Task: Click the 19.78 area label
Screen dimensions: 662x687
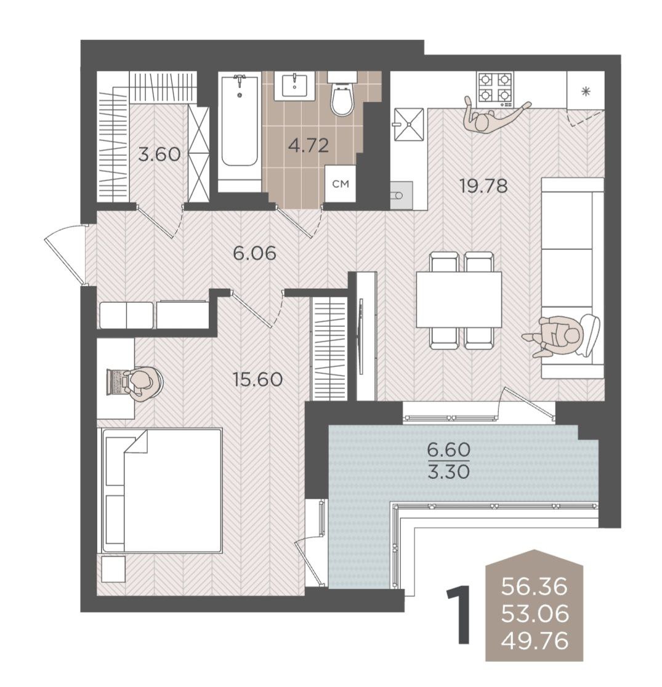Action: (483, 186)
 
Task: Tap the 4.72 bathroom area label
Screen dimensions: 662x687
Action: (309, 145)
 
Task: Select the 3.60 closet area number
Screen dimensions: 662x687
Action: (159, 155)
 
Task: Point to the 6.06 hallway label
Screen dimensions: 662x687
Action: (255, 253)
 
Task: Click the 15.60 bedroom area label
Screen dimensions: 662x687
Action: (258, 379)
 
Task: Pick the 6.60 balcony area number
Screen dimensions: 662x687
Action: (449, 449)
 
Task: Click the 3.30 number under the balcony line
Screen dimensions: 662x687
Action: (449, 472)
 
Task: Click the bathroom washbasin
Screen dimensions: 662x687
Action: (294, 86)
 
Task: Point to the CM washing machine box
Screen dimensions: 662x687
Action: (340, 184)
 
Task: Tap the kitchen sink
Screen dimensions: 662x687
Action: (409, 125)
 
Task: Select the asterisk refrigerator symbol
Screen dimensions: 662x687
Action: (586, 92)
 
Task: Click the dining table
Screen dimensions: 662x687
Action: (459, 299)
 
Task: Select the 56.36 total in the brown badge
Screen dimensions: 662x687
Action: (535, 586)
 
